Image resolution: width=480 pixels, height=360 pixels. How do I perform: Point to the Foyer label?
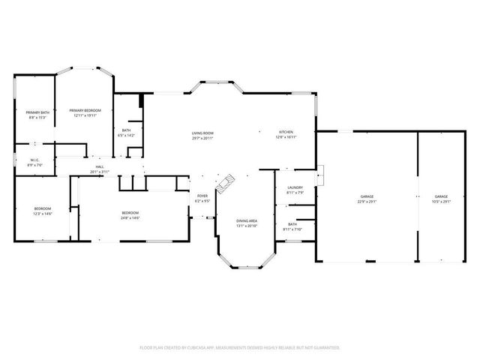tap(202, 198)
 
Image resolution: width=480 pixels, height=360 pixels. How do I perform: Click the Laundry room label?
tap(295, 190)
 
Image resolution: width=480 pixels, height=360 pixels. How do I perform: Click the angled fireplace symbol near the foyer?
tap(226, 182)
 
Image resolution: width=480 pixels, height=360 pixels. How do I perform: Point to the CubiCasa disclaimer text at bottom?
tap(240, 347)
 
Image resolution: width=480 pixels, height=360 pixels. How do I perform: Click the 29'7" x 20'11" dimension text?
tap(202, 138)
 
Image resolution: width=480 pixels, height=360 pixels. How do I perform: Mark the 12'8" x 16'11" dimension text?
tap(286, 137)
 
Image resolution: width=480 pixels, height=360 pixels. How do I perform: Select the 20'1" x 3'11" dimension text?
tap(100, 172)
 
